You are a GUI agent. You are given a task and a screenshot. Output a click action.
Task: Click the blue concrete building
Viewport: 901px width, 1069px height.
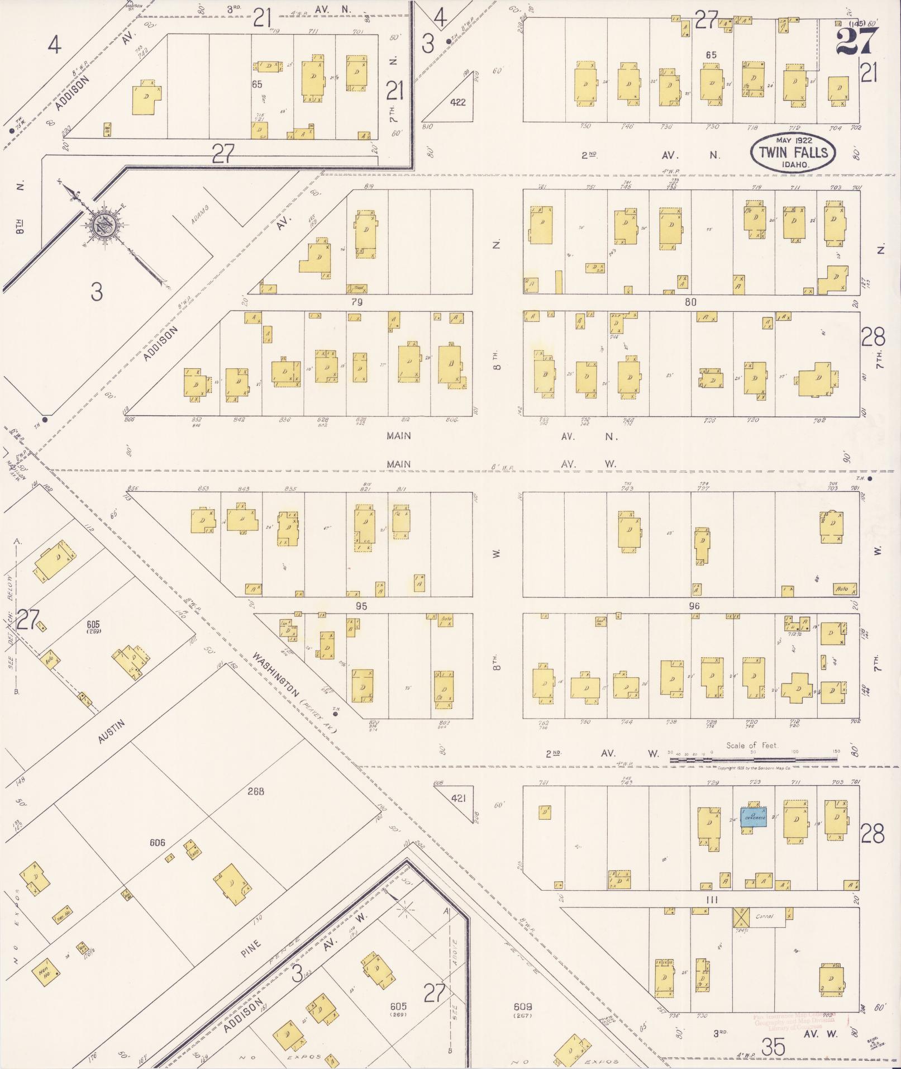click(754, 816)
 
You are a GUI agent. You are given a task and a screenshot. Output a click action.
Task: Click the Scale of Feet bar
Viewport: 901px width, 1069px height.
click(754, 759)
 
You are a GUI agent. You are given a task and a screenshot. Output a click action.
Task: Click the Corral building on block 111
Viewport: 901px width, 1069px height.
click(764, 917)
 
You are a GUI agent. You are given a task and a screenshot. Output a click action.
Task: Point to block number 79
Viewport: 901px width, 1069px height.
click(357, 302)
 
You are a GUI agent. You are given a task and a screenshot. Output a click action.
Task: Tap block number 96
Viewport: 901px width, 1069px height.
click(694, 606)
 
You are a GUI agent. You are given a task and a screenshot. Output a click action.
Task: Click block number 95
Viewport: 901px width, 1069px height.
click(361, 606)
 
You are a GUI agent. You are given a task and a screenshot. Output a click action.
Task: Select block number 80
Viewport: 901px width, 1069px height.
click(690, 302)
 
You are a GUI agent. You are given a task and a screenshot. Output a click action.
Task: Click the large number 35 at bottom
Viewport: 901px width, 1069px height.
click(773, 1048)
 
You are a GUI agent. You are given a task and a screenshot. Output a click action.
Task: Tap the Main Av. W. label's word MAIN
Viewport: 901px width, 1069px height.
click(398, 464)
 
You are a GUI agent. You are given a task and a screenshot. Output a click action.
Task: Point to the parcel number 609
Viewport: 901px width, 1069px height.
click(522, 1006)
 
